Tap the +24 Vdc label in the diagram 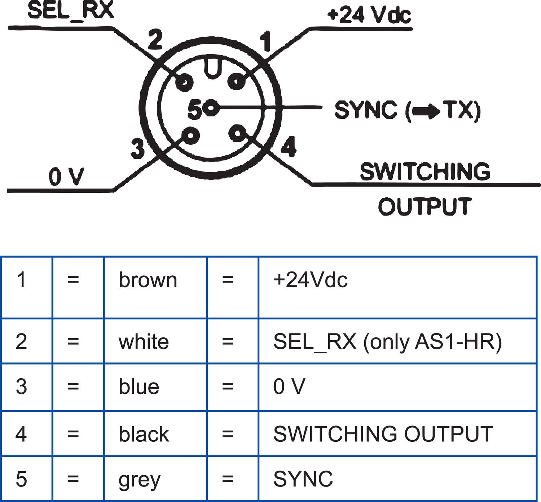coord(369,15)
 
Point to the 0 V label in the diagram coord(67,177)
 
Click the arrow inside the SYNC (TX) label coord(426,111)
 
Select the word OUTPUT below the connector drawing coord(425,206)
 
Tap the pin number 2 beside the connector coord(155,40)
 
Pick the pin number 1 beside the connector coord(266,42)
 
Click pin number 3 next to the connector coord(137,148)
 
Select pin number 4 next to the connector coord(289,147)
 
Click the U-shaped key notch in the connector coord(213,69)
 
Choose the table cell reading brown coord(148,280)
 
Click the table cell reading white coord(144,341)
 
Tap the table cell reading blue coord(139,387)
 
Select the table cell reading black coord(144,434)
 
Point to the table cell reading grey coord(139,480)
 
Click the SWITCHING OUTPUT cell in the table coord(383,434)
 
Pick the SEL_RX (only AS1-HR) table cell coord(387,341)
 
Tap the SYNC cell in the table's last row coord(303,479)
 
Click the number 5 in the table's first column coord(21,479)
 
